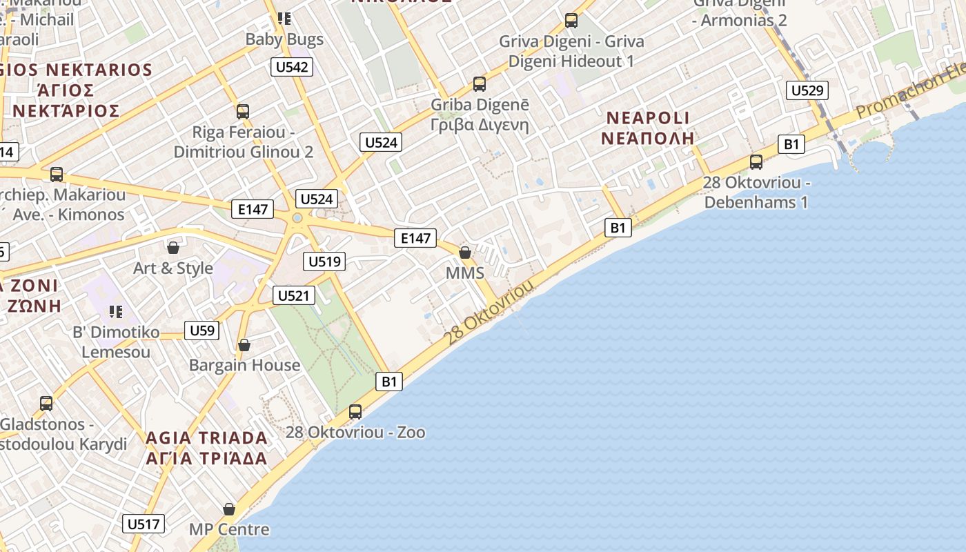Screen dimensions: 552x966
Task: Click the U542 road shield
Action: (x=291, y=67)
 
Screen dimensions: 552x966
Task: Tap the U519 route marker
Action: (x=324, y=262)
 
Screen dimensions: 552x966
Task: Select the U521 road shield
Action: (x=294, y=296)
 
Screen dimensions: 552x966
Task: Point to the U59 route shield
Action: (x=202, y=331)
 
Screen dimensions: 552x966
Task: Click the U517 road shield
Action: (x=144, y=524)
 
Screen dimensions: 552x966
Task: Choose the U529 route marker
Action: (x=807, y=90)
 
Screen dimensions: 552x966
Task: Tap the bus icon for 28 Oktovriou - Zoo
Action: (x=355, y=412)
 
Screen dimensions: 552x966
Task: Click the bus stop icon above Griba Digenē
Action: (x=480, y=84)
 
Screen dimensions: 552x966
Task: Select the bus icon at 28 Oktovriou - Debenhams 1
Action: (x=756, y=162)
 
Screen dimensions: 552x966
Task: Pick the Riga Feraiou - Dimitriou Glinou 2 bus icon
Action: (x=243, y=111)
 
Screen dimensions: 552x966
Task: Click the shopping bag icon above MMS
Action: (x=465, y=253)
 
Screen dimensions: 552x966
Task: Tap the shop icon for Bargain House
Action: (x=244, y=344)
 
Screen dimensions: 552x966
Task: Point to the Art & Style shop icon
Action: (x=173, y=247)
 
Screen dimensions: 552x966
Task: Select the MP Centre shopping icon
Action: (x=229, y=509)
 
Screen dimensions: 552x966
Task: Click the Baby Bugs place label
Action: (x=284, y=39)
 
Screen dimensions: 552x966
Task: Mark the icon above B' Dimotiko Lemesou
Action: (x=116, y=312)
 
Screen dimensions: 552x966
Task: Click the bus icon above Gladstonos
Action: (x=46, y=403)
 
